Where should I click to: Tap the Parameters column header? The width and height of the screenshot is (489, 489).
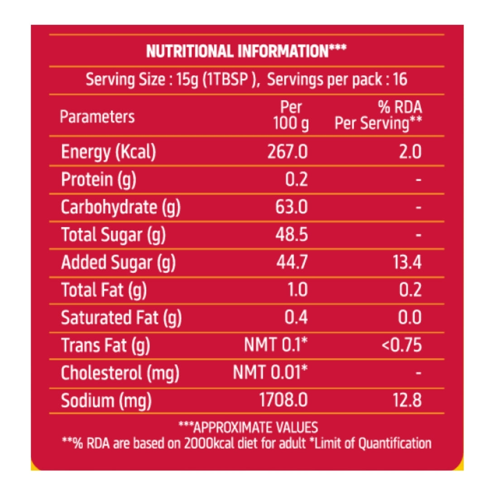point(97,116)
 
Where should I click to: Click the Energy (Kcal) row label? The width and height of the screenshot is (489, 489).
point(109,152)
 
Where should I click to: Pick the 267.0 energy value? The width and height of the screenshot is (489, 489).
point(288,152)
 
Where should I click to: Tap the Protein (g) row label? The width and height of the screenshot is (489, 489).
point(99,180)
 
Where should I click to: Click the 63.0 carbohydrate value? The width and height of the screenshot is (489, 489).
point(292,207)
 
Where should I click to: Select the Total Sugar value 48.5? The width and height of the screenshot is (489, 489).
point(292,235)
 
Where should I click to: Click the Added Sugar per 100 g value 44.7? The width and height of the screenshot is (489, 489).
point(292,263)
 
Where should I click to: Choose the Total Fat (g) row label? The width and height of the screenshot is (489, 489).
point(104,290)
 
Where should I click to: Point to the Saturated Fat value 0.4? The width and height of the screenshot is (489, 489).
point(296,318)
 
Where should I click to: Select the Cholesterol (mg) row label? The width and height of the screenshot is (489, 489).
point(120,373)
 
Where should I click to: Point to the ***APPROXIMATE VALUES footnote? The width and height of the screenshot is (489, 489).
point(248,427)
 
